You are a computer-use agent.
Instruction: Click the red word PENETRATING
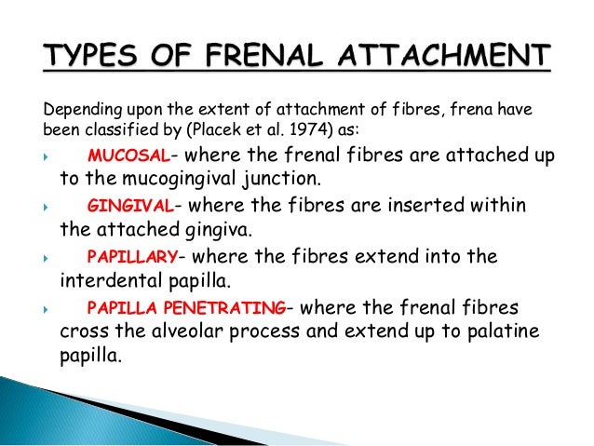[236, 308]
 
